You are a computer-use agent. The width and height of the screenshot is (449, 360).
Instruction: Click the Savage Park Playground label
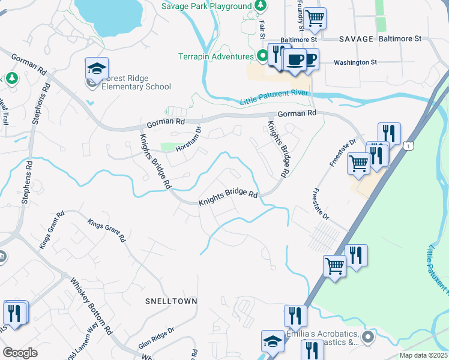[x=206, y=6]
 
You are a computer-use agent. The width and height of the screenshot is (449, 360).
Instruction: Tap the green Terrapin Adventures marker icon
[x=262, y=56]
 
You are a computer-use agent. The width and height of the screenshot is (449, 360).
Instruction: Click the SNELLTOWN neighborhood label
[x=171, y=300]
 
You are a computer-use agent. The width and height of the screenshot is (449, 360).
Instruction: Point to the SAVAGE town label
[x=357, y=38]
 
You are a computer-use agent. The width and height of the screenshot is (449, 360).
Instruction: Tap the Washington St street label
[x=355, y=62]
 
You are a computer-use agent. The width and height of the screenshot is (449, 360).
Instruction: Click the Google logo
[x=20, y=353]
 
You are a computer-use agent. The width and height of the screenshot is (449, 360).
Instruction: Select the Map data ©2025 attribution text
[x=423, y=355]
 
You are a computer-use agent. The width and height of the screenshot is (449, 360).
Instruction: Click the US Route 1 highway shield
[x=408, y=146]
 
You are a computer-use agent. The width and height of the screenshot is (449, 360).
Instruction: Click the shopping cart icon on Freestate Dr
[x=358, y=162]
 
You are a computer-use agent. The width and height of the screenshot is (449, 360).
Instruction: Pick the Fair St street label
[x=262, y=26]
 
